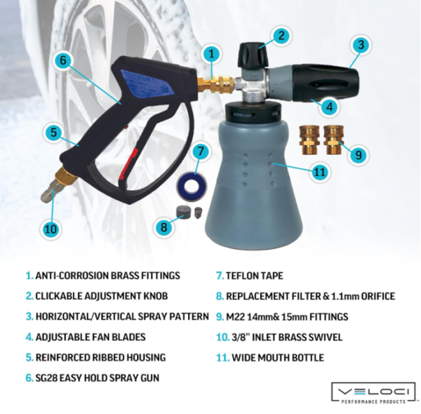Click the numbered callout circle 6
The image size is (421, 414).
tap(63, 60)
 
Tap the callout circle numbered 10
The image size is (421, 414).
tap(51, 229)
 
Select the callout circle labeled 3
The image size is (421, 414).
tap(361, 45)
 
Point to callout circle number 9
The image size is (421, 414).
tap(358, 155)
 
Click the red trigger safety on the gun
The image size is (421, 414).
tap(131, 163)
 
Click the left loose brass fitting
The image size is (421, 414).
tap(309, 140)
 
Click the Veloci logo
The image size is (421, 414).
tap(373, 392)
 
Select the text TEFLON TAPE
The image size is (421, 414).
tap(254, 276)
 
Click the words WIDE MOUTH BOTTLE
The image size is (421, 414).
tap(278, 358)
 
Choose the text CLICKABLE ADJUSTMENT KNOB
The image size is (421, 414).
tap(102, 296)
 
